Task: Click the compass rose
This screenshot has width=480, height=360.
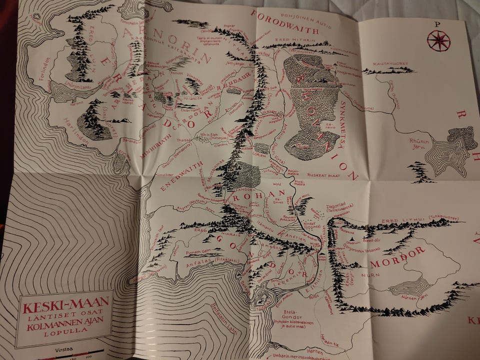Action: point(439,40)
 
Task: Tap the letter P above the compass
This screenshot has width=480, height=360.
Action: point(437,23)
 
